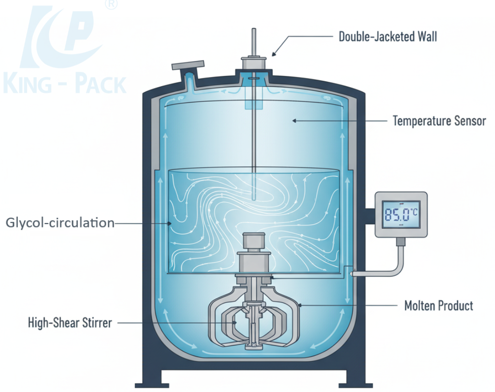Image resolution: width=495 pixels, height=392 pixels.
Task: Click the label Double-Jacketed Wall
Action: click(388, 36)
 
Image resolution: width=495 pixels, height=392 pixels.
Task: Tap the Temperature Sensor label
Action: click(439, 121)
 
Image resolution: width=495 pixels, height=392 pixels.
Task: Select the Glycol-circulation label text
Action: click(60, 223)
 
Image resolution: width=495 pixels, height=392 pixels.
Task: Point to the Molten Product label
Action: click(438, 305)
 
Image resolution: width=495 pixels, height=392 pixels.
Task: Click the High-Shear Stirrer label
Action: click(70, 322)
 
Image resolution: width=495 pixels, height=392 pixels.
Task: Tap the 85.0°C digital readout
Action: click(401, 214)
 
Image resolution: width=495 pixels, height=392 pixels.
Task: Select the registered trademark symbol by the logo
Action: click(111, 4)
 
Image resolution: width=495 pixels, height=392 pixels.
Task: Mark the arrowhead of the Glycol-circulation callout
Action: click(169, 223)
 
